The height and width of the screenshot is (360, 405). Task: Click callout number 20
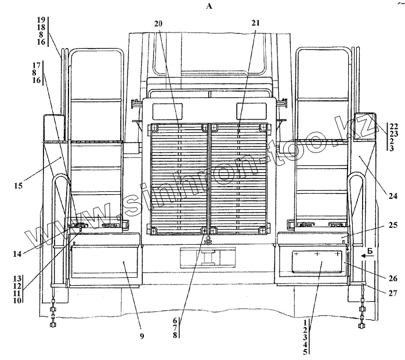[158, 23]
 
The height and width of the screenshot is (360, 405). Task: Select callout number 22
[393, 126]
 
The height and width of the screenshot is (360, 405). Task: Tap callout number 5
[305, 351]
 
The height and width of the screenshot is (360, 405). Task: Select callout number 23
[393, 133]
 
